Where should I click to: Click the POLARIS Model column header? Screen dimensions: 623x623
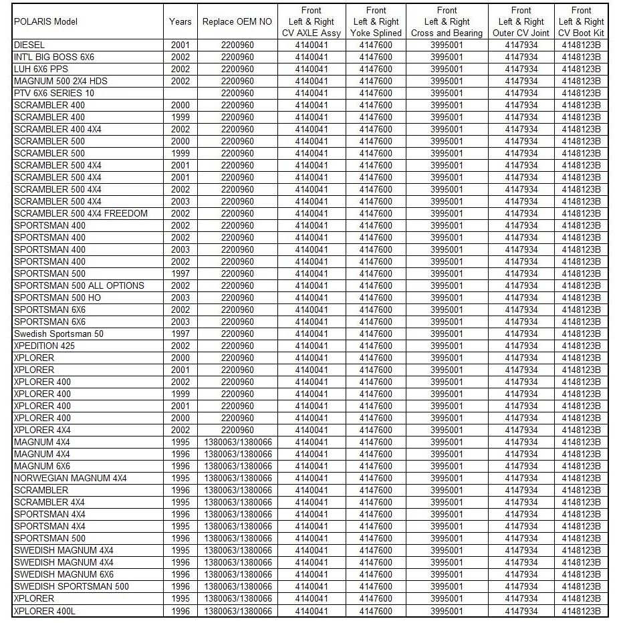pyautogui.click(x=45, y=22)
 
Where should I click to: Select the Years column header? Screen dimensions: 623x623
pyautogui.click(x=180, y=22)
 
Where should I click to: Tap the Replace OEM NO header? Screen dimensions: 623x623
pyautogui.click(x=237, y=22)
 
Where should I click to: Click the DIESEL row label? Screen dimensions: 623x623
pyautogui.click(x=29, y=45)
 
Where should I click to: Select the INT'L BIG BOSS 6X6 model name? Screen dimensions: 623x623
pyautogui.click(x=54, y=57)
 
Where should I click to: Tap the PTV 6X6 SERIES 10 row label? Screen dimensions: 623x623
pyautogui.click(x=54, y=93)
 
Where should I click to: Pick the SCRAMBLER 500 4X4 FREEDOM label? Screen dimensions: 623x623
pyautogui.click(x=81, y=213)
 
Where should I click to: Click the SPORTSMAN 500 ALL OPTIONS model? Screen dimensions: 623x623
pyautogui.click(x=79, y=285)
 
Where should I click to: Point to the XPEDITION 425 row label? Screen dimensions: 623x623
pyautogui.click(x=44, y=346)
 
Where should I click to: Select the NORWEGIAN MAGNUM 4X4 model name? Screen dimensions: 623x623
pyautogui.click(x=70, y=478)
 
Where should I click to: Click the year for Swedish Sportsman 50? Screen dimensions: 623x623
pyautogui.click(x=180, y=334)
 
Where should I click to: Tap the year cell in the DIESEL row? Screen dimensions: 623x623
pyautogui.click(x=180, y=45)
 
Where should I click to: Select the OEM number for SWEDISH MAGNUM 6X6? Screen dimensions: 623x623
pyautogui.click(x=237, y=574)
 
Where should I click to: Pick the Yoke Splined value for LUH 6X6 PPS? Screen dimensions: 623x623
pyautogui.click(x=376, y=69)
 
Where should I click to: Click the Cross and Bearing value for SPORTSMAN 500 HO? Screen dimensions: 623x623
pyautogui.click(x=447, y=297)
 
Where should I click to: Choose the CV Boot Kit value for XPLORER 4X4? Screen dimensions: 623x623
pyautogui.click(x=582, y=430)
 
